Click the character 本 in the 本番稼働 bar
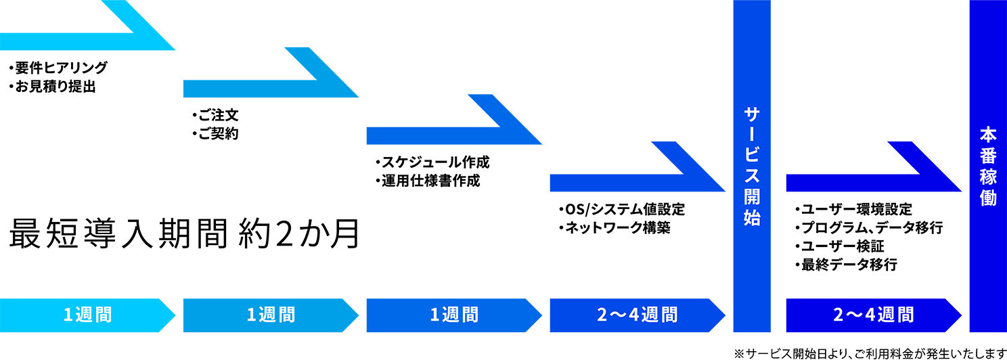(x=988, y=135)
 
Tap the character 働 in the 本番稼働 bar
(x=988, y=198)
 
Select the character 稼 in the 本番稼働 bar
(x=988, y=177)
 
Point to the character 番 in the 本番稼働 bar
(x=988, y=156)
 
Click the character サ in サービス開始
(x=752, y=114)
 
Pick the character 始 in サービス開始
(x=752, y=218)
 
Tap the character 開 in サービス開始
(x=752, y=197)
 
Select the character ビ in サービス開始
(x=752, y=156)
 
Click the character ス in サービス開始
(x=752, y=176)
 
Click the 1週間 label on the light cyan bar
(x=87, y=315)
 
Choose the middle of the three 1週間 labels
(x=271, y=315)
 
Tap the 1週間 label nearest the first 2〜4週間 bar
(x=454, y=315)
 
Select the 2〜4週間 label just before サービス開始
(x=637, y=315)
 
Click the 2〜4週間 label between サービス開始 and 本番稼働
(x=873, y=315)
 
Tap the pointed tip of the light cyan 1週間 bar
(x=169, y=315)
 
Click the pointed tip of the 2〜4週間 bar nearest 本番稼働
(x=956, y=315)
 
